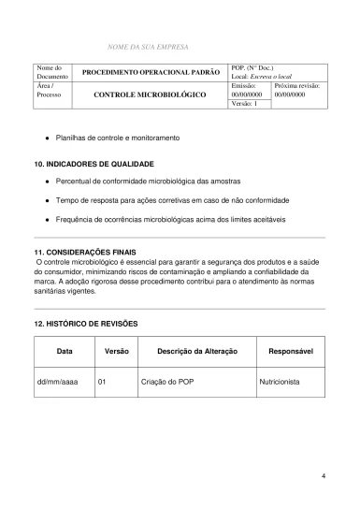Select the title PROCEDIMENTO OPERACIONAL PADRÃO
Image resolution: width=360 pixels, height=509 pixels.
pos(151,72)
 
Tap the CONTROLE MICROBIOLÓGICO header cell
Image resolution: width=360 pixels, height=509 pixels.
pos(151,95)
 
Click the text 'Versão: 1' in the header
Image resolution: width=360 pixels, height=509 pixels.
pos(244,104)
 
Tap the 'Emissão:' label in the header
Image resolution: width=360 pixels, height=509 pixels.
pos(243,85)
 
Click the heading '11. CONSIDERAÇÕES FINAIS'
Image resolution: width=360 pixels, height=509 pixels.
pos(86,254)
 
